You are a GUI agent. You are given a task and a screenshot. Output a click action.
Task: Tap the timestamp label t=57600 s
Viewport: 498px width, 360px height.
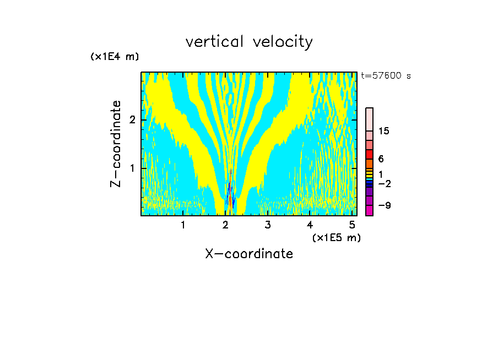point(386,76)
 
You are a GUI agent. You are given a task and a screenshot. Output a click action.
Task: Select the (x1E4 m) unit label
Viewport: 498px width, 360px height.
point(115,57)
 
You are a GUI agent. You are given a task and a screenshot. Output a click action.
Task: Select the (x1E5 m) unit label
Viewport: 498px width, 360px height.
point(336,237)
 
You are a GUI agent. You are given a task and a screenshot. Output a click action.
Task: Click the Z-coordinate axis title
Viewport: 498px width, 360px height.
point(116,144)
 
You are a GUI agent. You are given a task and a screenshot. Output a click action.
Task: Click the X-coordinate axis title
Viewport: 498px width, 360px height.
point(249,254)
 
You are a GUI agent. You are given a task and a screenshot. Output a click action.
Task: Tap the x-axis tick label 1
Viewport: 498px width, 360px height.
point(183,225)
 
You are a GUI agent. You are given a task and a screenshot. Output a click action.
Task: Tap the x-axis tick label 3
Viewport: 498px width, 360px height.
point(268,225)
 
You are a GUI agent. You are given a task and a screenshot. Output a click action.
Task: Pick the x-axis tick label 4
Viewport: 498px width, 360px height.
point(310,225)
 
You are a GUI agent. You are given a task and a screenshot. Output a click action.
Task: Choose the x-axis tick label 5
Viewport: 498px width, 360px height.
point(352,225)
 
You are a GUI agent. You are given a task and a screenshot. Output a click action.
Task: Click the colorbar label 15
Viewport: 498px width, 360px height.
point(384,131)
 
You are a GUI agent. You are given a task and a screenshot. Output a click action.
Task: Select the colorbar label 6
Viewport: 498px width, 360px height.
point(381,159)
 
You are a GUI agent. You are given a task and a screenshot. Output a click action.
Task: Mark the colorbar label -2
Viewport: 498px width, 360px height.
point(384,183)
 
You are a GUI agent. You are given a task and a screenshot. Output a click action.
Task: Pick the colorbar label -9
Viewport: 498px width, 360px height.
point(384,205)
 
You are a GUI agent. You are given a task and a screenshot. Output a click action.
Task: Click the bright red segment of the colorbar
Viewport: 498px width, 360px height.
point(370,154)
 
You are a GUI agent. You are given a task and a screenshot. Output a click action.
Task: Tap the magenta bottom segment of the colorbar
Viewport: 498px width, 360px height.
point(370,210)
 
